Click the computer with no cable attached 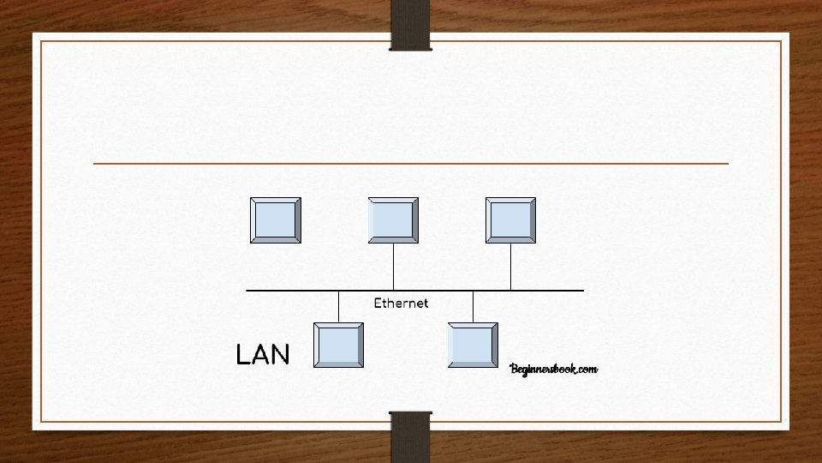(x=276, y=219)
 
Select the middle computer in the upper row (x=393, y=219)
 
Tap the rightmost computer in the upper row (x=510, y=219)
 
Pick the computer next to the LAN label (x=339, y=346)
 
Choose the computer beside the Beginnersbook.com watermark (x=474, y=346)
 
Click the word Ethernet (x=401, y=303)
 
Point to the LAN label (x=263, y=354)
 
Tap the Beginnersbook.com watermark (x=553, y=369)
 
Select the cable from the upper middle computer (x=393, y=267)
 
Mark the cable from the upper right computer (x=510, y=267)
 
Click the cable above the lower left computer (x=339, y=306)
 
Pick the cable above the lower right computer (x=474, y=306)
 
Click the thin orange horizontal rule (x=411, y=163)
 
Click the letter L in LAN (x=242, y=354)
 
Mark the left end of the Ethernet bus (x=248, y=291)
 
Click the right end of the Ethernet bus (x=581, y=291)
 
